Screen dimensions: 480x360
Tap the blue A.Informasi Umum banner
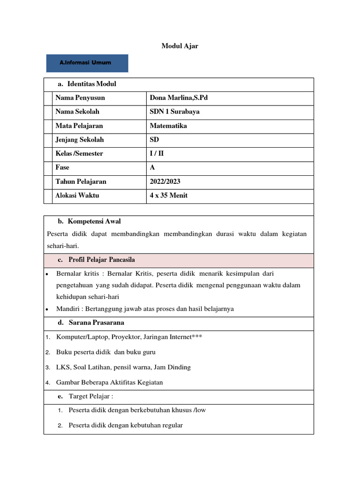[x=87, y=63]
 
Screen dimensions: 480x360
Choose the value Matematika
[x=168, y=126]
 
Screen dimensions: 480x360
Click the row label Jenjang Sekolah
[x=80, y=140]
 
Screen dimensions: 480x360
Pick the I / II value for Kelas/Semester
[x=157, y=154]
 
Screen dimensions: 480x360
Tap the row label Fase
[x=62, y=167]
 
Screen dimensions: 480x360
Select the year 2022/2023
[x=165, y=181]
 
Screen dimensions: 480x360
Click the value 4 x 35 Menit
[x=168, y=195]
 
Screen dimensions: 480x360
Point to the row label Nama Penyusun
[x=80, y=98]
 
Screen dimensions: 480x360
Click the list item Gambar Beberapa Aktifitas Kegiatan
[x=110, y=382]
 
